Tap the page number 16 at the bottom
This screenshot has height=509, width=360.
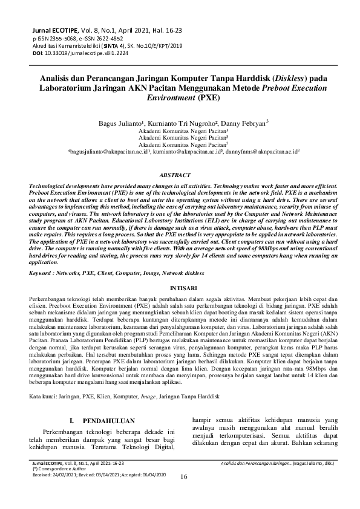coord(184,493)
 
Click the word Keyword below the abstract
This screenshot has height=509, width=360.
coord(43,274)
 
